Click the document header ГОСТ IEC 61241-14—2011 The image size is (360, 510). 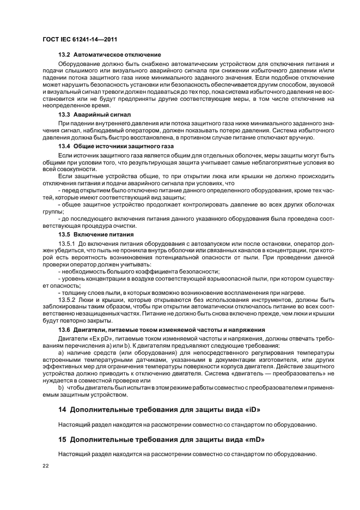80,39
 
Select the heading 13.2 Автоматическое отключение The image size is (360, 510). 109,55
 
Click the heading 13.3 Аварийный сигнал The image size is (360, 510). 94,113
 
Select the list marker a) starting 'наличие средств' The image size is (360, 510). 60,353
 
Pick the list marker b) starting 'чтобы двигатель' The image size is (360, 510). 60,387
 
